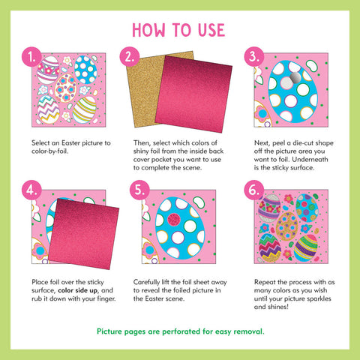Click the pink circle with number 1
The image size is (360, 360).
point(31,57)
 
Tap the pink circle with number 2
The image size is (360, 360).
point(130,57)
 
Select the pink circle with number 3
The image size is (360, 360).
point(254,57)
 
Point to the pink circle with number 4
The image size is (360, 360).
point(31,190)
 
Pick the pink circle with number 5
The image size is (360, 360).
point(139,190)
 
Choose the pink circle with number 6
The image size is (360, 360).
point(254,190)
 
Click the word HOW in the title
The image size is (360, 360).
point(148,30)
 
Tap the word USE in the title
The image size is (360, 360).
point(211,30)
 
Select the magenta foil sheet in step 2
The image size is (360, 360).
point(193,94)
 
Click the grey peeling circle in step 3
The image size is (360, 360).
point(295,76)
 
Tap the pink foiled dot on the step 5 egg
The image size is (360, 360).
point(174,220)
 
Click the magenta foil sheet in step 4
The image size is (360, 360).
point(84,234)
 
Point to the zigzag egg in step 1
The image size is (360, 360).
point(49,109)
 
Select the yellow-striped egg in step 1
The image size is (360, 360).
point(85,110)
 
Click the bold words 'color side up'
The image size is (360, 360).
point(78,290)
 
